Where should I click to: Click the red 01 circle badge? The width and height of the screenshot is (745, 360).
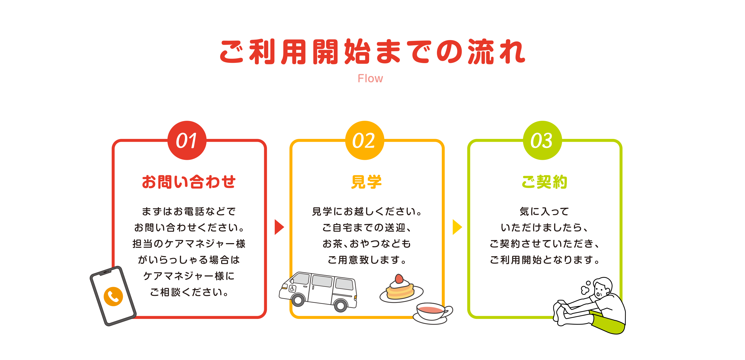[187, 140]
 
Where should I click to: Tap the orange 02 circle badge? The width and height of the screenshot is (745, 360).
[364, 140]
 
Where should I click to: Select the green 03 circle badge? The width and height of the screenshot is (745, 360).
[542, 140]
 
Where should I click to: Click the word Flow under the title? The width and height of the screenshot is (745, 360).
[370, 78]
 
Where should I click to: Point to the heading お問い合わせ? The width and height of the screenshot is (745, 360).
[189, 182]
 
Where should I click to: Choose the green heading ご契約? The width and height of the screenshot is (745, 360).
[544, 182]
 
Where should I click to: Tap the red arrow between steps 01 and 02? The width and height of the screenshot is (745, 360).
[279, 227]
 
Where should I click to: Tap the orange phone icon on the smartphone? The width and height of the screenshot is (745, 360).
[113, 296]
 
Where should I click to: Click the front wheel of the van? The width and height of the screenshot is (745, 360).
[298, 301]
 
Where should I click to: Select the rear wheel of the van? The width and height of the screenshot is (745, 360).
[341, 305]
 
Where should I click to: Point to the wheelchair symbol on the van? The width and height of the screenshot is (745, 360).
[292, 289]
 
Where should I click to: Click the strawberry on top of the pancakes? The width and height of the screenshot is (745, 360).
[399, 279]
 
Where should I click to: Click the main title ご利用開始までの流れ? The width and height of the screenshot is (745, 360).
[372, 52]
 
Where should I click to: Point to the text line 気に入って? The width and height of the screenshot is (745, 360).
[544, 211]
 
